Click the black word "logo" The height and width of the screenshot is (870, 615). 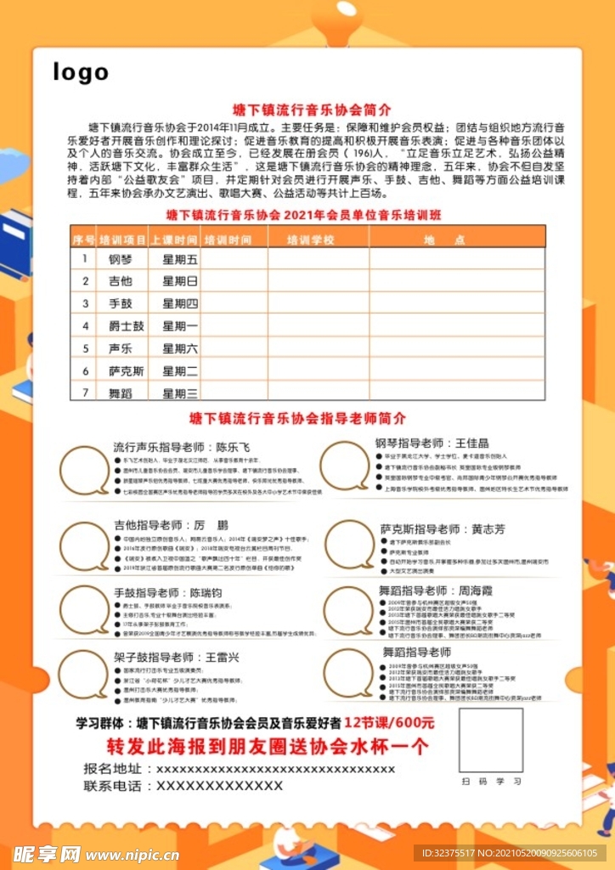(x=81, y=72)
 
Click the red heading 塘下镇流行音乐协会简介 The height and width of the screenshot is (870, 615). (x=312, y=110)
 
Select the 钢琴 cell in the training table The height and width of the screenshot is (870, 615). (x=121, y=259)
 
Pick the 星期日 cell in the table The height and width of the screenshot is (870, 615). (x=180, y=281)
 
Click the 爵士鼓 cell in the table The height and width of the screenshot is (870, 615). (x=126, y=326)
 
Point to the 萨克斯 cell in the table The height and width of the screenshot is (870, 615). (x=126, y=371)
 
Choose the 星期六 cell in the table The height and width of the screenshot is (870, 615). (x=180, y=348)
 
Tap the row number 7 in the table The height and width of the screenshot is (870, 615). (x=85, y=393)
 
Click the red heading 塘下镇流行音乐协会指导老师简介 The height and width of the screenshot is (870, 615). (x=297, y=418)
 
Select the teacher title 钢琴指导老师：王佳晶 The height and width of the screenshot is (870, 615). (x=432, y=443)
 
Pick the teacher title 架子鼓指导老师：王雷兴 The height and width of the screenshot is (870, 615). (x=177, y=657)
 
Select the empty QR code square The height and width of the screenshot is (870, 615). (x=491, y=739)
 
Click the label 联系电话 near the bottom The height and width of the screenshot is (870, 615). (x=112, y=786)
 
